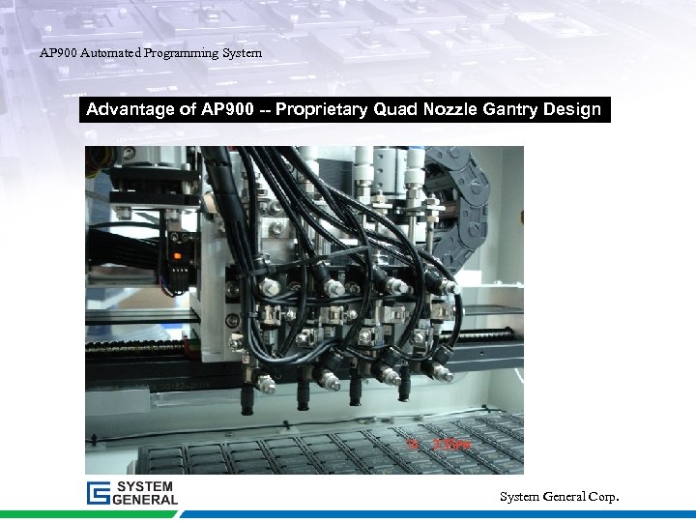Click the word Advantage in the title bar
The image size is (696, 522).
click(x=130, y=109)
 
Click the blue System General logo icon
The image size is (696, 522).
click(x=99, y=493)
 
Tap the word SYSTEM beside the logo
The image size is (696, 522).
click(x=146, y=486)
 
